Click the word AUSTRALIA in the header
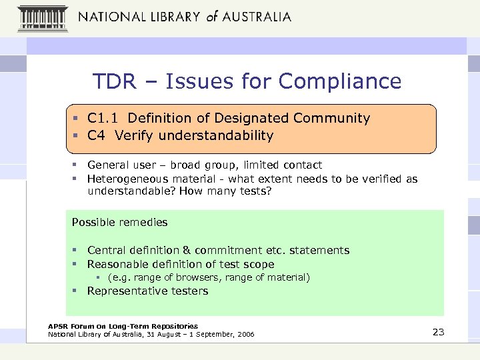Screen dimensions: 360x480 tap(256, 16)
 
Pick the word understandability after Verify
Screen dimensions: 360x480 tap(217, 136)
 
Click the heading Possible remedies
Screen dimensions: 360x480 tap(119, 222)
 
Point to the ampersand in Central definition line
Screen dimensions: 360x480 tap(187, 251)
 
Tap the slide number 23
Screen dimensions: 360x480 tap(438, 331)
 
